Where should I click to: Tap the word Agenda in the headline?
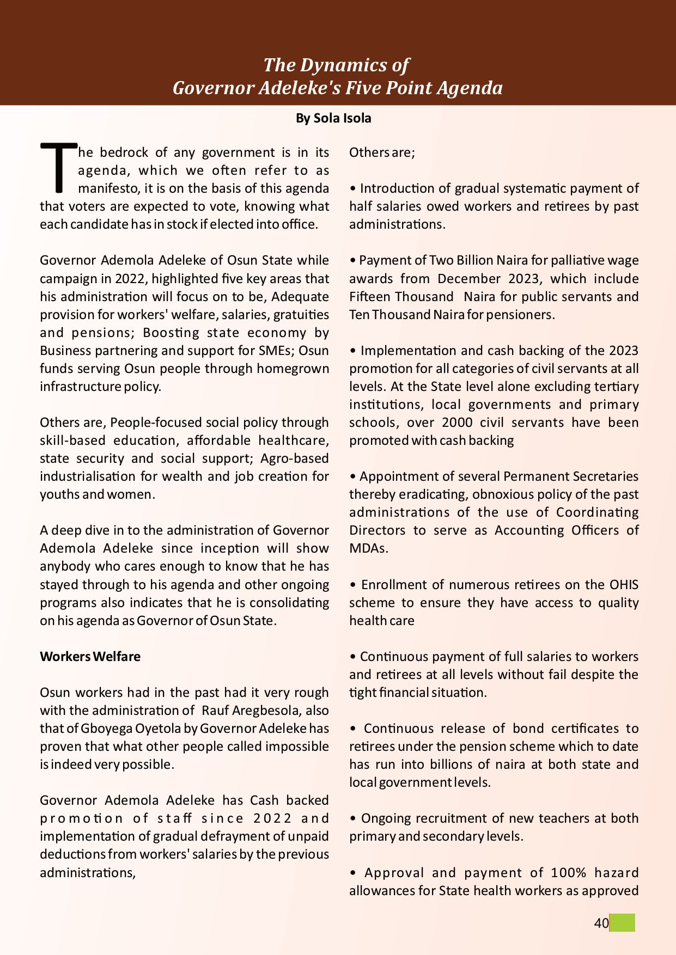469,88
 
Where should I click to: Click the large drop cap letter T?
58,168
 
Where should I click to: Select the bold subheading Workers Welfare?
90,657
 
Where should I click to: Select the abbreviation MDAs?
368,548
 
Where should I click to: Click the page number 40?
601,923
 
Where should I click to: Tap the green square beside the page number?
622,923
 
